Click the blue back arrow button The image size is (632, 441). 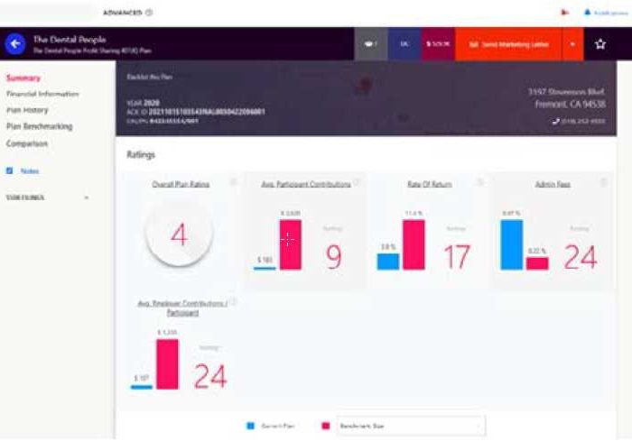[15, 43]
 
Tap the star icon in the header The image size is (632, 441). [600, 44]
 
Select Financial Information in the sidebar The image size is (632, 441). [42, 94]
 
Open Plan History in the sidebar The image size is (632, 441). [28, 110]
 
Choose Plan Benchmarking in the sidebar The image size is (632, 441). [39, 126]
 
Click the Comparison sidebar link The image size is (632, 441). [27, 143]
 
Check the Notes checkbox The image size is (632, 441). [10, 170]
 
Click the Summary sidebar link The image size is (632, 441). [23, 78]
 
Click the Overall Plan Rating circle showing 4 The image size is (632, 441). [179, 234]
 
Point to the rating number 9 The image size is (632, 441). [333, 257]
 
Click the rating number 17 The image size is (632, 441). [456, 257]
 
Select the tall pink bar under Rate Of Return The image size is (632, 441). [414, 245]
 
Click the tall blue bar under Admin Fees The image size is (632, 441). [512, 245]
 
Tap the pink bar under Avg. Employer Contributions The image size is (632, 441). [167, 363]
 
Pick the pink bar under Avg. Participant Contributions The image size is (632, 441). [291, 244]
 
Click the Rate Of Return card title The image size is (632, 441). [429, 184]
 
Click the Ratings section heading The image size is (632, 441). [140, 154]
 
